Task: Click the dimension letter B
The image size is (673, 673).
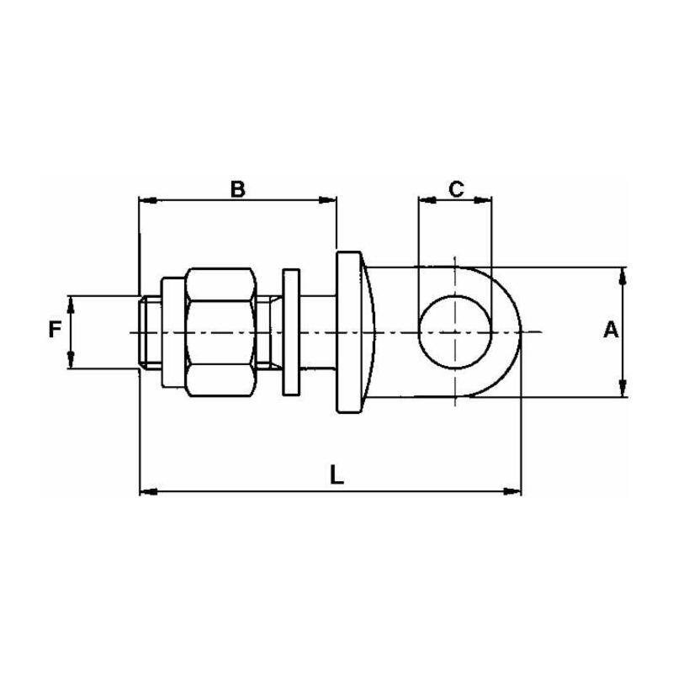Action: (237, 188)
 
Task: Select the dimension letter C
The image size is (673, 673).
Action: (455, 188)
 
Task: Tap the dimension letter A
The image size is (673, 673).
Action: (612, 331)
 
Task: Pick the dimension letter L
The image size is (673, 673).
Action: (336, 475)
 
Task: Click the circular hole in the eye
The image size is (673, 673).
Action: (454, 332)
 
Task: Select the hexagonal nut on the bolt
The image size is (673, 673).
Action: (220, 332)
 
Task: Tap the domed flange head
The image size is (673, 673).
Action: (353, 332)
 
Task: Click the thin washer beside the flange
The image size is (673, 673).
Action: (291, 332)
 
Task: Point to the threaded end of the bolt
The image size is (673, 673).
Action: (147, 332)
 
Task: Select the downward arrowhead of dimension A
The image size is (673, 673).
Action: (623, 389)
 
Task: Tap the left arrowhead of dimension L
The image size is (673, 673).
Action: (146, 490)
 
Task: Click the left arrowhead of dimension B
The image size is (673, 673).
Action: (145, 200)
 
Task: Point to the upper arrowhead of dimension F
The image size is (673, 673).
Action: (72, 302)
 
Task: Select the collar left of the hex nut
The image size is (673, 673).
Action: (169, 332)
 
